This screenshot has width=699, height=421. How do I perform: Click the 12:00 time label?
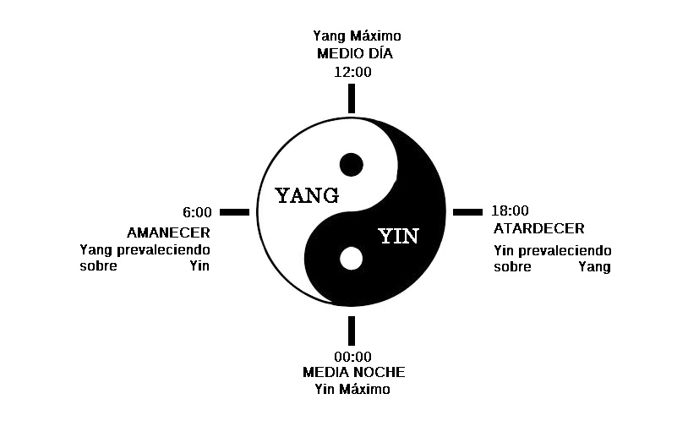click(x=352, y=72)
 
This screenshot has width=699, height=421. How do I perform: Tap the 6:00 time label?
click(x=197, y=212)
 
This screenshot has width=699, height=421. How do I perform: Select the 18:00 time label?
click(x=510, y=211)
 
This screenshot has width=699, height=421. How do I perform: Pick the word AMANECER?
click(x=169, y=232)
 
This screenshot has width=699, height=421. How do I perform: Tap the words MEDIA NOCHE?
click(x=353, y=373)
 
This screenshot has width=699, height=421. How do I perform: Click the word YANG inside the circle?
click(x=308, y=196)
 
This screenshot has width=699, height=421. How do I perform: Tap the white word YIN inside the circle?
click(x=398, y=236)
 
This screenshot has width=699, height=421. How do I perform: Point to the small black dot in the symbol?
click(x=351, y=164)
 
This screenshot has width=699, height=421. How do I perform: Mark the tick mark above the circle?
click(x=352, y=98)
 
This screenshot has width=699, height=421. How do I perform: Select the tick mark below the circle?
click(x=352, y=330)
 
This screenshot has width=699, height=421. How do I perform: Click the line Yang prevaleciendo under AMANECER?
click(x=145, y=250)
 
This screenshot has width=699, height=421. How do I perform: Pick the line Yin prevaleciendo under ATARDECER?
click(x=552, y=251)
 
